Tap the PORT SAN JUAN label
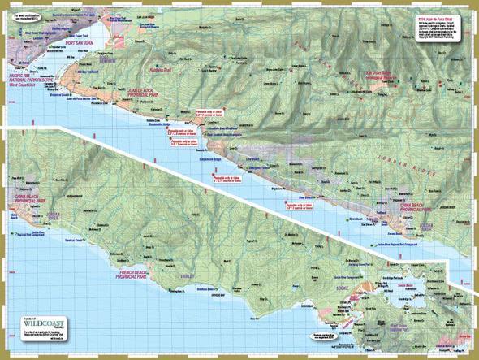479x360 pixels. [82, 43]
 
